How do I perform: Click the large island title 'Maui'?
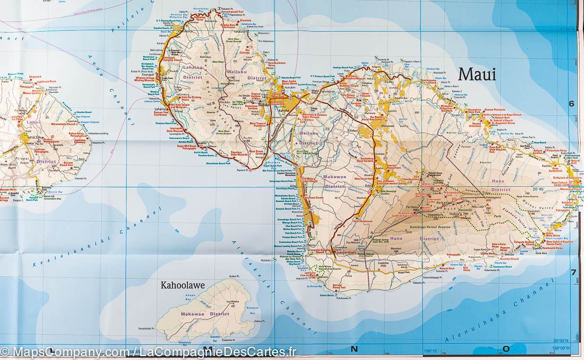[477, 74]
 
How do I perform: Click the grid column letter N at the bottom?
[354, 348]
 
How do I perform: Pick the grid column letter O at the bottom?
[506, 348]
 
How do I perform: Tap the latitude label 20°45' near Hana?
[538, 189]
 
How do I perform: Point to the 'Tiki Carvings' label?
[250, 52]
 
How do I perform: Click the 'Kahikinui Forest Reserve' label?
[433, 227]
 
